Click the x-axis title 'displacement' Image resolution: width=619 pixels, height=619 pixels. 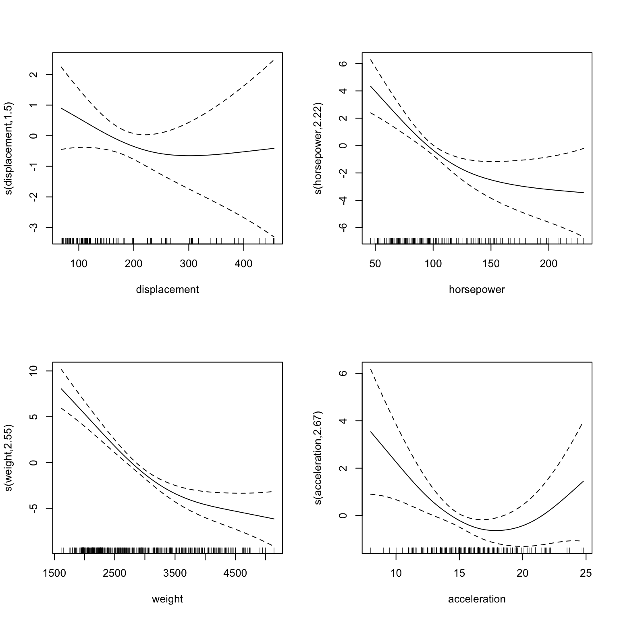tap(167, 289)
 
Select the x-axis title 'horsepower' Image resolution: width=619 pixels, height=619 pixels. tap(477, 289)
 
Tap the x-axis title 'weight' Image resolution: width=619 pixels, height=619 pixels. tap(167, 599)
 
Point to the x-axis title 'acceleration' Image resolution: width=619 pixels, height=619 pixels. tap(477, 599)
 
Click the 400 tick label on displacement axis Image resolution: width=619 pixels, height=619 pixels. tap(243, 264)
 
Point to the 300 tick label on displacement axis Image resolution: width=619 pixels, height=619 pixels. tap(189, 264)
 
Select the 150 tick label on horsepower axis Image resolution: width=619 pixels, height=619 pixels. tap(491, 264)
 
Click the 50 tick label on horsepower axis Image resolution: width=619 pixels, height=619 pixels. tap(375, 264)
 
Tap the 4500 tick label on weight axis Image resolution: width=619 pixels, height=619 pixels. tap(235, 573)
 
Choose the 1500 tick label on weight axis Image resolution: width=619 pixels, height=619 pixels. tap(54, 573)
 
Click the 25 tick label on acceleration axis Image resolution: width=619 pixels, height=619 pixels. tap(586, 573)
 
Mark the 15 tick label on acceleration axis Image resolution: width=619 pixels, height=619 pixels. tap(459, 573)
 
